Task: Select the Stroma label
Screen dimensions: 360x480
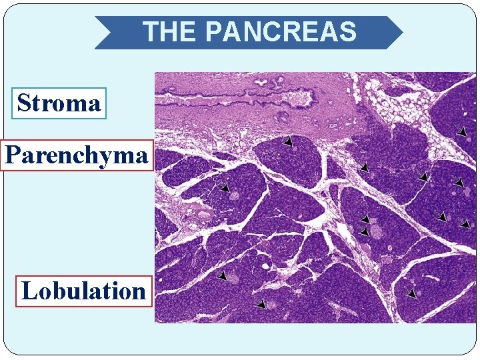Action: (59, 103)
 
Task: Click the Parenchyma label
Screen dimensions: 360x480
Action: (76, 155)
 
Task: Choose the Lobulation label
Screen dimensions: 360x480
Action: (84, 291)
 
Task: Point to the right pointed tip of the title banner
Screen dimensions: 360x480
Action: (401, 32)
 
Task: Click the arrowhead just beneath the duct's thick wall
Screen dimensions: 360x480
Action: (287, 142)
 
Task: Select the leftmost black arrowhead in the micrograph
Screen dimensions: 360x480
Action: (225, 188)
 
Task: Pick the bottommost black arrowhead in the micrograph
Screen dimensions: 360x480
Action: (261, 305)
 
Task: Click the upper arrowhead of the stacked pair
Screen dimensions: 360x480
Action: (365, 219)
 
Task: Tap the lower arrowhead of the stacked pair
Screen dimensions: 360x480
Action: (364, 231)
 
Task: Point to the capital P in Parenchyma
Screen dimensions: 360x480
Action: (13, 155)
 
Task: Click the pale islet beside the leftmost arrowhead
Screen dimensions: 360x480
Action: (235, 195)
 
